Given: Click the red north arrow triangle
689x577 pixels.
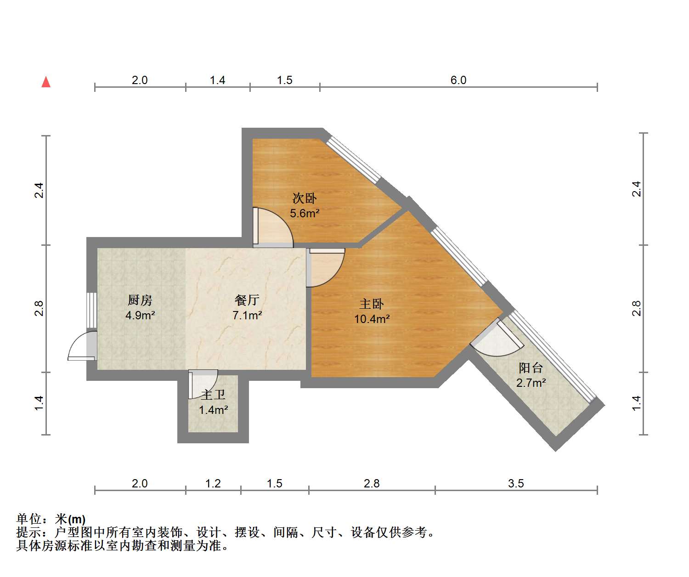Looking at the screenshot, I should (46, 82).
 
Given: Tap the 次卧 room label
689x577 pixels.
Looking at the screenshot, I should (305, 198).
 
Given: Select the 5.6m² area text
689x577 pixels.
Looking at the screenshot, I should (305, 214).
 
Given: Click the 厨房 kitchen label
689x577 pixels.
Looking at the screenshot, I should (140, 300).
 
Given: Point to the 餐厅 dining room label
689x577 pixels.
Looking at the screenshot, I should (247, 300).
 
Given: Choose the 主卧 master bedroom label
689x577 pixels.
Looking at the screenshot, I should (372, 304).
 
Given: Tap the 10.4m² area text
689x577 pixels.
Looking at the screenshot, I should (372, 319).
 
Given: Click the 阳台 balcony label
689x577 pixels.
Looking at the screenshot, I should (531, 368).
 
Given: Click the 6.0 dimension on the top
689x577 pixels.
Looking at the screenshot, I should (458, 80).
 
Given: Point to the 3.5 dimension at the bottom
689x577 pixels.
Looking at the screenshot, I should (516, 484).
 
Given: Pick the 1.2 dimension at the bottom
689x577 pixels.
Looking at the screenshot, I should (213, 484).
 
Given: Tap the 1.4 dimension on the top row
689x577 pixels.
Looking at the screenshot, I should (217, 80).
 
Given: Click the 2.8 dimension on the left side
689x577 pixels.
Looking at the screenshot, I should (39, 308).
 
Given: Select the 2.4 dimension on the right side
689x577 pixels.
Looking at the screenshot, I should (636, 189).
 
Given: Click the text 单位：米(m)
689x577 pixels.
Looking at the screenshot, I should (51, 519).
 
